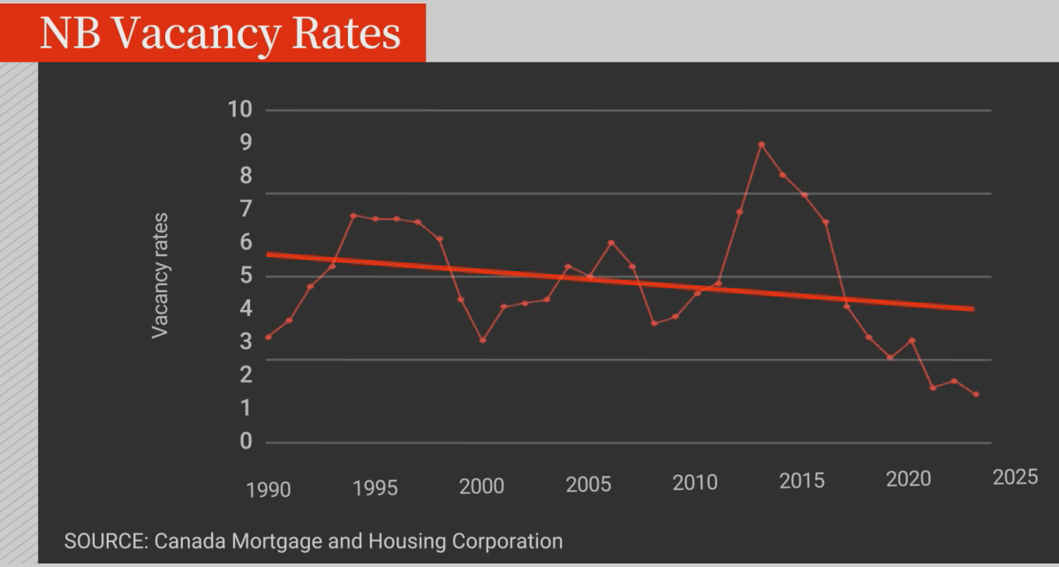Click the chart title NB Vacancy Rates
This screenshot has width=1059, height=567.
220,33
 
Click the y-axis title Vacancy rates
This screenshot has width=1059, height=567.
160,275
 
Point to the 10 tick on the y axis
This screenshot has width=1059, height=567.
240,110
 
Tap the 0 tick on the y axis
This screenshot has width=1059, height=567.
246,442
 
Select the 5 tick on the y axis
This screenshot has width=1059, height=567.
246,276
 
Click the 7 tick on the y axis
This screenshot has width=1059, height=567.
246,209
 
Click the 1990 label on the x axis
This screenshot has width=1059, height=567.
269,489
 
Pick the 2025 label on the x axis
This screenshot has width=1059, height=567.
1015,478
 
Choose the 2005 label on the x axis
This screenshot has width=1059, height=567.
588,484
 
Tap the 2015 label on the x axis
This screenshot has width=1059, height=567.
802,480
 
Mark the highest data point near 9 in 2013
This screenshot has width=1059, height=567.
761,145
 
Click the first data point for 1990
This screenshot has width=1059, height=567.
268,337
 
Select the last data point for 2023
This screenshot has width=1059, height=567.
976,395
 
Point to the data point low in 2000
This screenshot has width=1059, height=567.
482,340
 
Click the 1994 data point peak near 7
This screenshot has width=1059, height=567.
353,215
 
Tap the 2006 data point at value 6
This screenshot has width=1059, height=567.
611,243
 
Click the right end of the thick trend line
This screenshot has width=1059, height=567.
972,308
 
